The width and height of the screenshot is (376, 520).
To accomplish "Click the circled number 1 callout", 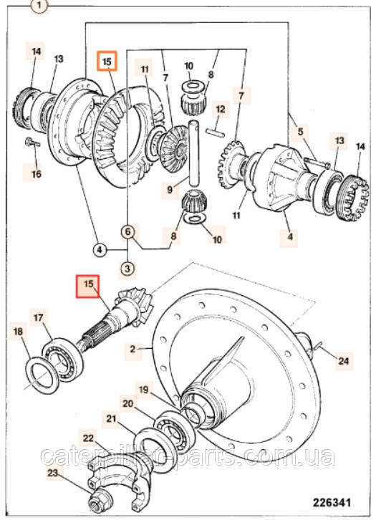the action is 40,6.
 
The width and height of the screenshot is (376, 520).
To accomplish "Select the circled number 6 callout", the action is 128,231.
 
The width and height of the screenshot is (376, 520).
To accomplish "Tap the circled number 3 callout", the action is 127,268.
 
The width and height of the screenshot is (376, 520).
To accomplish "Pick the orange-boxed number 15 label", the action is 107,61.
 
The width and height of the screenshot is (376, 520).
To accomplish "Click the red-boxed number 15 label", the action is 88,287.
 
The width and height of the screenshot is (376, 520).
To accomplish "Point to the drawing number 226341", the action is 332,503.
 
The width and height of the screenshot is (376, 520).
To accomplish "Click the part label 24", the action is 343,360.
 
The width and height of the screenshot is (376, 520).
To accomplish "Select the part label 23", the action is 53,473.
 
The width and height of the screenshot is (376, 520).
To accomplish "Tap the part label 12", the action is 221,109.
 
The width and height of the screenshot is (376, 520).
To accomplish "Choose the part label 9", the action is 170,190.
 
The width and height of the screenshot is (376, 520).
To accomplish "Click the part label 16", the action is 37,174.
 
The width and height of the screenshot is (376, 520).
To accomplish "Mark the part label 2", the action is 132,349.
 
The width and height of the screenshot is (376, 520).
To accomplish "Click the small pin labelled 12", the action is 215,132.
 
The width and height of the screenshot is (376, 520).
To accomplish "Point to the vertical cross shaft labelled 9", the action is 193,153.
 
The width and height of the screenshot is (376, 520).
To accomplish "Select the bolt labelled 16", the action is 32,143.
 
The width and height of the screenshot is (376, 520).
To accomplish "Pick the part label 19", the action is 143,390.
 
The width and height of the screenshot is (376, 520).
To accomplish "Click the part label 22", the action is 88,438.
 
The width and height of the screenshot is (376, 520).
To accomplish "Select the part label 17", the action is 39,318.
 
